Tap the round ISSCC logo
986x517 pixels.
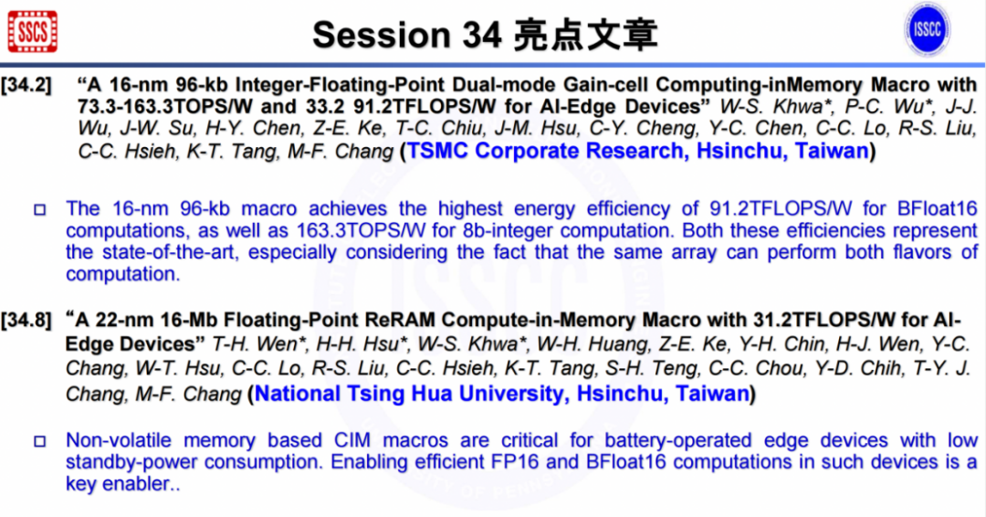(927, 29)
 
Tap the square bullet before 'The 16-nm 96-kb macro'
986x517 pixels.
(39, 210)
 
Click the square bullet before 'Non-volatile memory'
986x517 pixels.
(39, 442)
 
